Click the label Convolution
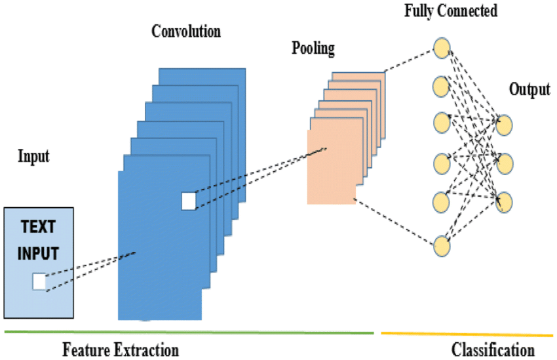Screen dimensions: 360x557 click(186, 31)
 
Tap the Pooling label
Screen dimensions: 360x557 click(313, 48)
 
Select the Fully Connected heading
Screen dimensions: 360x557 click(451, 10)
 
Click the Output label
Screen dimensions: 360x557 click(529, 89)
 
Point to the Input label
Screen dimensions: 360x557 click(33, 157)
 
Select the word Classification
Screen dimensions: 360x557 click(493, 349)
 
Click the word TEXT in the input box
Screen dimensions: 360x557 click(38, 229)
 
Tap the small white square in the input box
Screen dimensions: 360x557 click(39, 282)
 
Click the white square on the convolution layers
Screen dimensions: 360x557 click(189, 201)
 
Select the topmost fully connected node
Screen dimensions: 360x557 click(442, 48)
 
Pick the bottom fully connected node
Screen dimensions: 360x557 click(442, 246)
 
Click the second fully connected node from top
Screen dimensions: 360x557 click(442, 86)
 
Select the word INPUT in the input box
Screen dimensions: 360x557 click(38, 252)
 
